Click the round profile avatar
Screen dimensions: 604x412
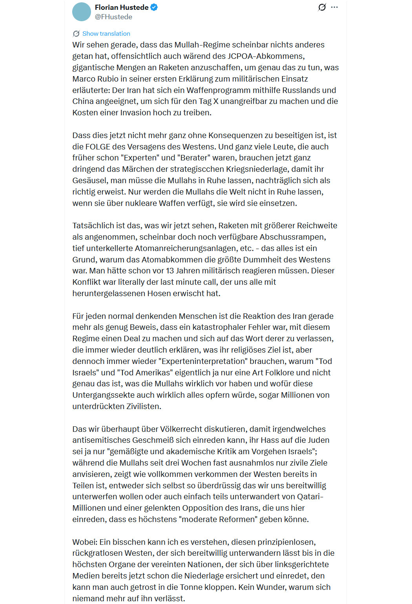click(82, 12)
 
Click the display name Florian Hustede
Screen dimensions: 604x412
click(122, 7)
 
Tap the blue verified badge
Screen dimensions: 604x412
click(154, 7)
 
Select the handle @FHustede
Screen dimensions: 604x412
click(113, 17)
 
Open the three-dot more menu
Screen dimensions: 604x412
click(334, 7)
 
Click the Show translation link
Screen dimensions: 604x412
click(106, 34)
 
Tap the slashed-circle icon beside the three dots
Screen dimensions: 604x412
click(322, 7)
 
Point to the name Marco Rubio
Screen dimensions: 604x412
click(95, 79)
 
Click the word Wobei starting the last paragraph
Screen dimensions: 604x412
click(84, 542)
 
